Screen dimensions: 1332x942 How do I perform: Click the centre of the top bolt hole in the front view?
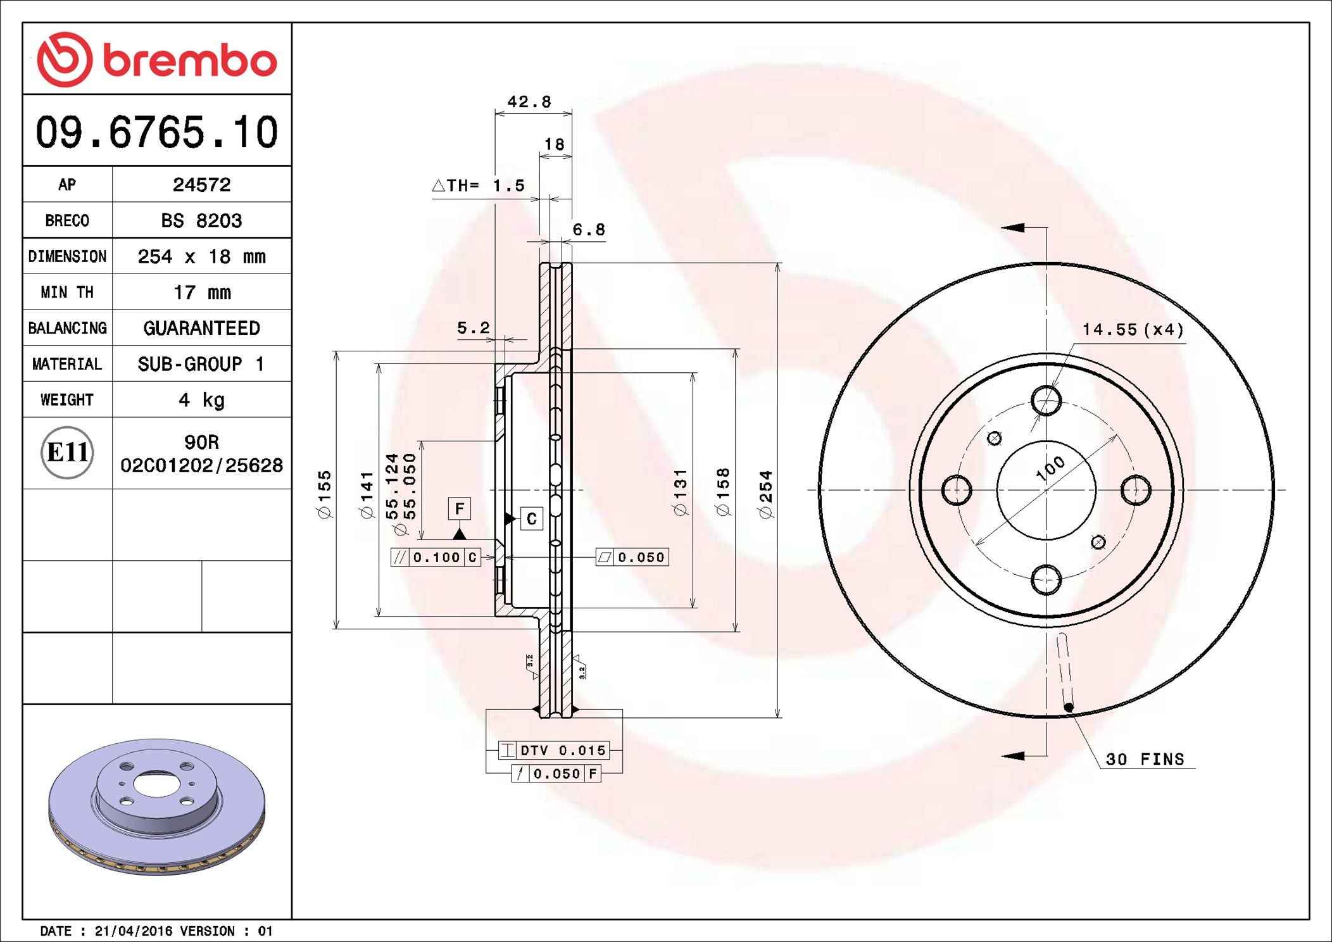click(x=1046, y=400)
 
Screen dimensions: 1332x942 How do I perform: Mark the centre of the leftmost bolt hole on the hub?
click(x=957, y=490)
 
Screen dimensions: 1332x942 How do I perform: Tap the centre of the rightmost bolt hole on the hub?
click(x=1136, y=490)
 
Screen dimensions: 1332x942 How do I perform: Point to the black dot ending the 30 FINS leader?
click(x=1069, y=707)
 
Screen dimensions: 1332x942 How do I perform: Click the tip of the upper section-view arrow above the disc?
click(x=1002, y=227)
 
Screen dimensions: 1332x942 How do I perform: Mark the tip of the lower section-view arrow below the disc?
click(x=1002, y=755)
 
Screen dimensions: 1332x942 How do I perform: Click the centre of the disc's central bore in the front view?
click(x=1046, y=490)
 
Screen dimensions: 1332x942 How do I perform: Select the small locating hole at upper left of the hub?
click(x=995, y=438)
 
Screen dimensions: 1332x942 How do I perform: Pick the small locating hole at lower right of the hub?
click(x=1098, y=542)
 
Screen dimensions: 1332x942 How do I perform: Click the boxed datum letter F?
click(x=460, y=508)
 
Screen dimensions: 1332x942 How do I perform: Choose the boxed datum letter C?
click(x=532, y=519)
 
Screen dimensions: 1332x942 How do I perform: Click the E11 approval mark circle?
click(x=67, y=453)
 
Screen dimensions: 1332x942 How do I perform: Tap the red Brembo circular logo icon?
click(x=65, y=60)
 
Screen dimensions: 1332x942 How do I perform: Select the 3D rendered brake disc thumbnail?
click(x=157, y=806)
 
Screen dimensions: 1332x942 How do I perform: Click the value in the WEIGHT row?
click(x=201, y=400)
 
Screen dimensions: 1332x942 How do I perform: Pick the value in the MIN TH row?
click(x=202, y=292)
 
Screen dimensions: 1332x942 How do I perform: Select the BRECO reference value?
click(x=201, y=220)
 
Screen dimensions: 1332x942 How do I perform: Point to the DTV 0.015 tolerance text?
click(x=563, y=751)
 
